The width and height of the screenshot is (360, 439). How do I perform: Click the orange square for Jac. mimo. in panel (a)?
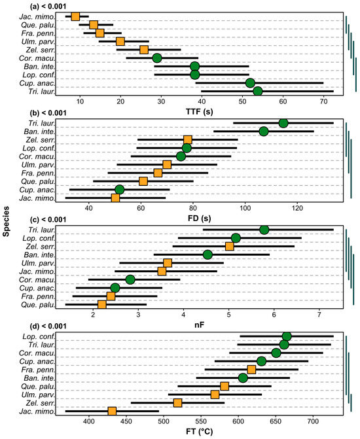(x=75, y=16)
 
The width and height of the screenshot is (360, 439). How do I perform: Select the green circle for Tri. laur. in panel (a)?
(x=258, y=91)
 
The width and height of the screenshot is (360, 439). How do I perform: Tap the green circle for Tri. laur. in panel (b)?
(x=283, y=123)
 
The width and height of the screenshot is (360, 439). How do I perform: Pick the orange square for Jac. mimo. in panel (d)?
(x=112, y=411)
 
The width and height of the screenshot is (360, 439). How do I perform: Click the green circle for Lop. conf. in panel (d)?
(x=287, y=336)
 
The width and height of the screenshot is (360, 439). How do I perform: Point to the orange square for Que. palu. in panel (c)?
(x=101, y=304)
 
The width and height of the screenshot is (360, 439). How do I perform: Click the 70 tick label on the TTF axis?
(x=323, y=101)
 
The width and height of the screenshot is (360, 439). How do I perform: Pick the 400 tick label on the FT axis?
(x=89, y=422)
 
